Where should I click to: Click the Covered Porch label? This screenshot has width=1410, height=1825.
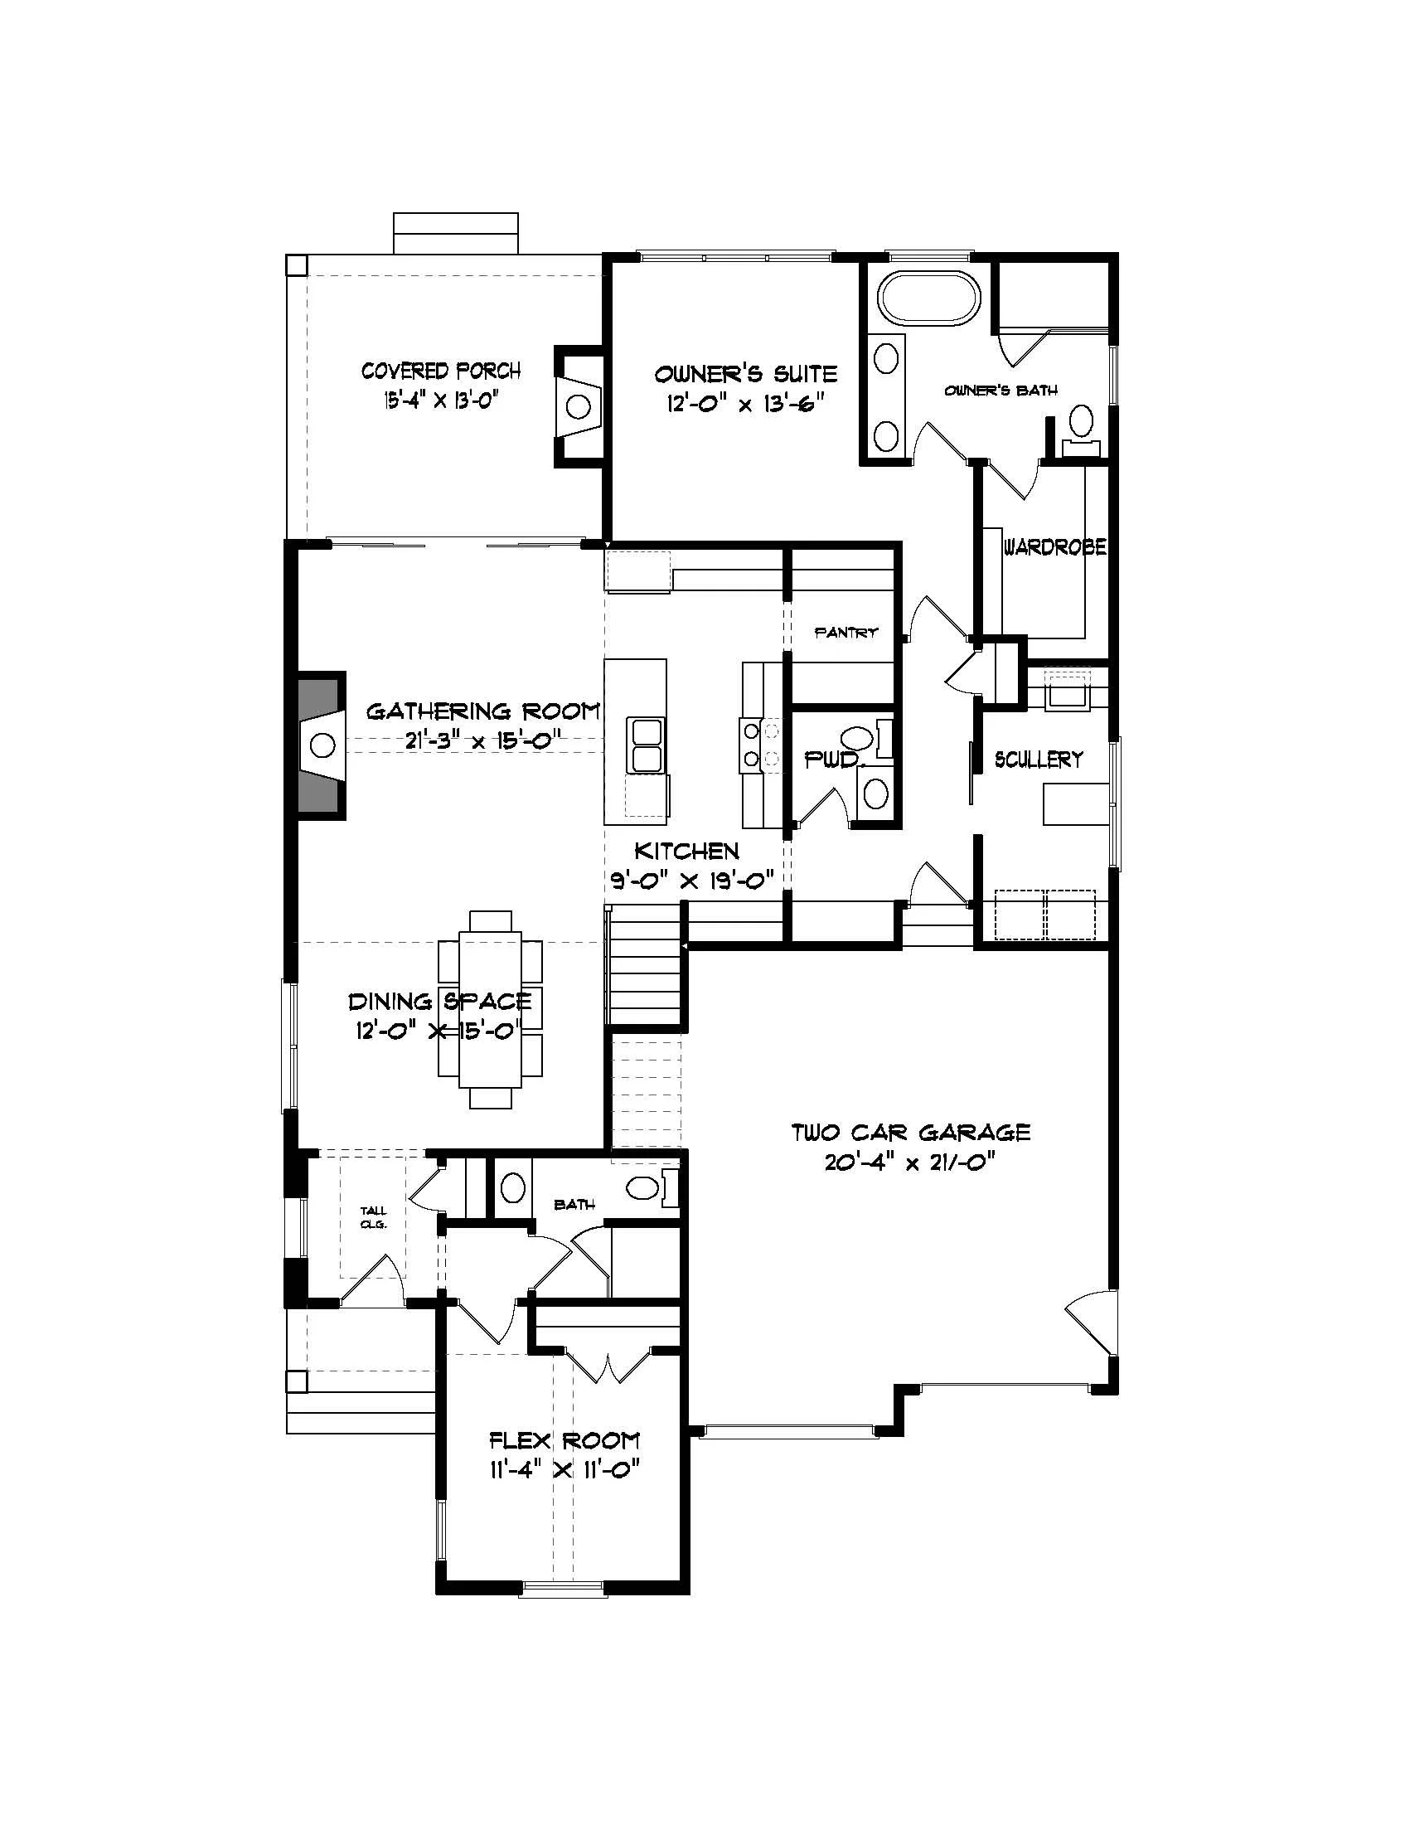pos(440,370)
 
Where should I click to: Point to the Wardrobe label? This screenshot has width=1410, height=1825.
pos(1055,547)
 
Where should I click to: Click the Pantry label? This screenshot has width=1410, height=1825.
pos(846,633)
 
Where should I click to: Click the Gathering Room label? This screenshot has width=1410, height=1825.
pos(483,711)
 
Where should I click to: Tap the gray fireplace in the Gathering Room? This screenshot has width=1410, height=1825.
pos(321,744)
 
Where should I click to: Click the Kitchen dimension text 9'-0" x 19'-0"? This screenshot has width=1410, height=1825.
pos(692,880)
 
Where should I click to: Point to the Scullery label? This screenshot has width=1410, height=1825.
pos(1039,759)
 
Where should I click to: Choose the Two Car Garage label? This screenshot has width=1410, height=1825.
pos(910,1133)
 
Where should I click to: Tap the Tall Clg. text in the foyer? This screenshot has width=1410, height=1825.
pos(373,1217)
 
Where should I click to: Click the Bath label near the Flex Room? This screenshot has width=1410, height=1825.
pos(575,1204)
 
